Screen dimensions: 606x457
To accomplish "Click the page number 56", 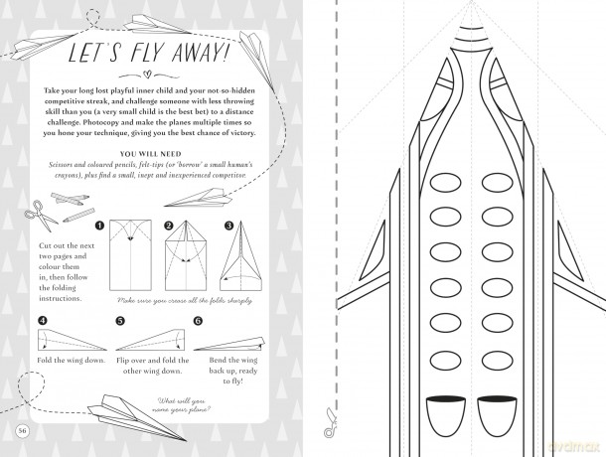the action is pyautogui.click(x=23, y=431).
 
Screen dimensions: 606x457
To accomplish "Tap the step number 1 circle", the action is pyautogui.click(x=99, y=226).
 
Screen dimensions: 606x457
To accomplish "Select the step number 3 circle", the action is pyautogui.click(x=228, y=226).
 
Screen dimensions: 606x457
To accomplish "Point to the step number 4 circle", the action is pyautogui.click(x=43, y=321).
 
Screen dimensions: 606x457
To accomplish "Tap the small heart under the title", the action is pyautogui.click(x=147, y=74).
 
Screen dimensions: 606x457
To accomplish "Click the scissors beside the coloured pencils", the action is pyautogui.click(x=41, y=215).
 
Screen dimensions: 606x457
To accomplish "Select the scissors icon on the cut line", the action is pyautogui.click(x=330, y=423).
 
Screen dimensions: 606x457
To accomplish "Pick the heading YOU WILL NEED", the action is pyautogui.click(x=150, y=154).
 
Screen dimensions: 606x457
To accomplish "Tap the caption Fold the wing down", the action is pyautogui.click(x=72, y=361).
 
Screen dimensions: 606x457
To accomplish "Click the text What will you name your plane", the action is pyautogui.click(x=181, y=405).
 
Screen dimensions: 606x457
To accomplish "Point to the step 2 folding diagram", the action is pyautogui.click(x=186, y=255).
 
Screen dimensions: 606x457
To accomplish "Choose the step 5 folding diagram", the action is pyautogui.click(x=150, y=340).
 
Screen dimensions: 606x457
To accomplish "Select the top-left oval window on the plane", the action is pyautogui.click(x=445, y=183).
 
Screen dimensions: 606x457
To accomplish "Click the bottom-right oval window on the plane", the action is pyautogui.click(x=498, y=360).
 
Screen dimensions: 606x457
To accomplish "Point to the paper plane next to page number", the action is pyautogui.click(x=137, y=418).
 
